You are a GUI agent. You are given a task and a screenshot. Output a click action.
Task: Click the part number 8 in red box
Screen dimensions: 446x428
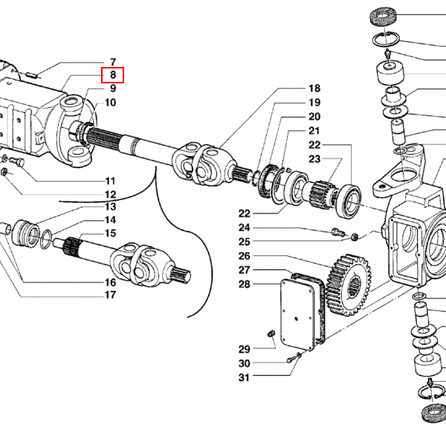[113, 75]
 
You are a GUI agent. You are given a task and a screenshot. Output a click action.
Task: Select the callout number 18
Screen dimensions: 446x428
[314, 89]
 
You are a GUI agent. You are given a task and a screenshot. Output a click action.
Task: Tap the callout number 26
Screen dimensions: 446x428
[245, 256]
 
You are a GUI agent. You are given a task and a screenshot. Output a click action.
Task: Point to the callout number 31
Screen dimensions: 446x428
[245, 377]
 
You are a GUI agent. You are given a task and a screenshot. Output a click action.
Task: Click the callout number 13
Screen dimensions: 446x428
[110, 206]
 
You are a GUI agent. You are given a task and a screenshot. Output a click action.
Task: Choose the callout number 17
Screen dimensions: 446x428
[110, 295]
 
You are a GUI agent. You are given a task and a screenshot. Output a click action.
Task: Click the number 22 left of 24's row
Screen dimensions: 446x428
[245, 214]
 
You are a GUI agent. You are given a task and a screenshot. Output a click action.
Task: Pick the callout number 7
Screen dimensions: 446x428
[113, 62]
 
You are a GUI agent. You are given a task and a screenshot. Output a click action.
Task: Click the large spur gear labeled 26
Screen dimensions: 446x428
[349, 285]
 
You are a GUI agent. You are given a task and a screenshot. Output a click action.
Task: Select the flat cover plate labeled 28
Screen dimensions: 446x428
[297, 314]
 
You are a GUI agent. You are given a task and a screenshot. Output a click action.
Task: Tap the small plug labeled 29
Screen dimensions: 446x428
[271, 334]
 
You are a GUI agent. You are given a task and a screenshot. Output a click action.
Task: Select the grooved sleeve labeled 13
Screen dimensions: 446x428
[25, 234]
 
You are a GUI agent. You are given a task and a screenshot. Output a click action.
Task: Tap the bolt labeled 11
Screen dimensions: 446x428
[17, 162]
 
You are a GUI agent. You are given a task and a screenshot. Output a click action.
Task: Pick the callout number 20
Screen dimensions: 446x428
[314, 117]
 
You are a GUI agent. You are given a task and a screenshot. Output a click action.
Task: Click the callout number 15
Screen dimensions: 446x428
[110, 234]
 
